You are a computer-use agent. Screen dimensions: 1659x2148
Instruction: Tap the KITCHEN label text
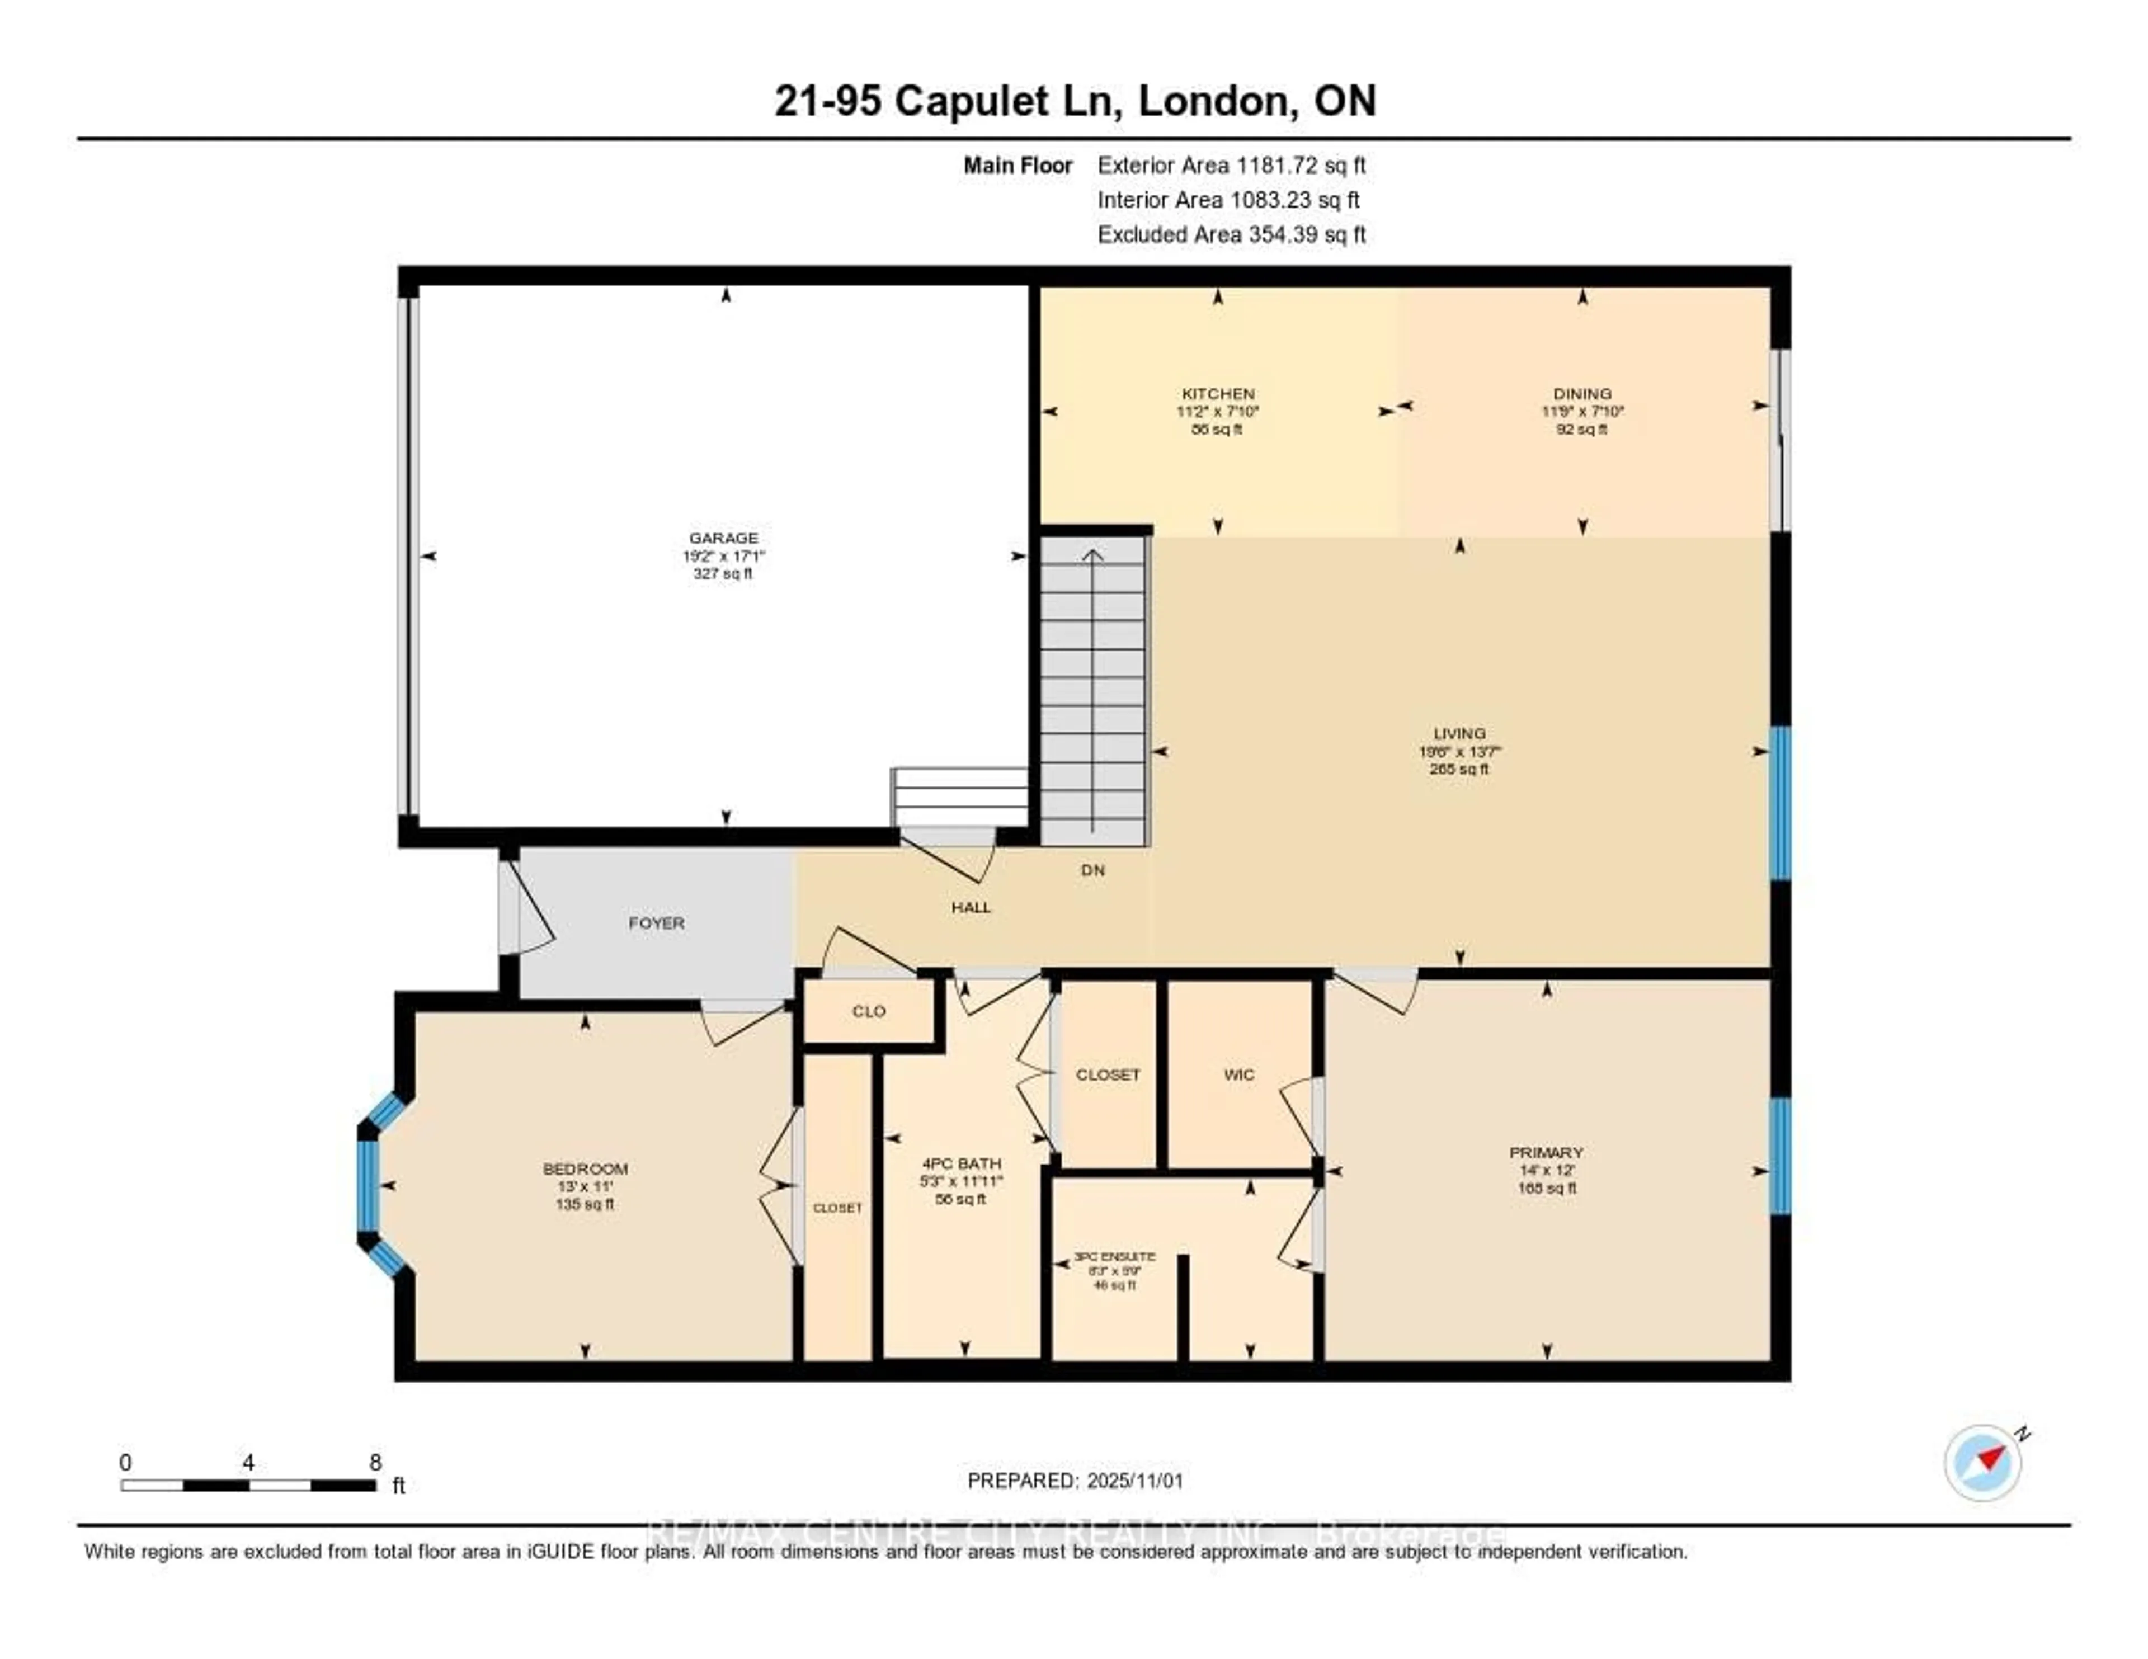(x=1218, y=393)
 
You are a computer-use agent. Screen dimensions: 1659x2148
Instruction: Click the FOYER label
(x=656, y=922)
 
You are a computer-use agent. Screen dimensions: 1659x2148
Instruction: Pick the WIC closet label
(x=1238, y=1075)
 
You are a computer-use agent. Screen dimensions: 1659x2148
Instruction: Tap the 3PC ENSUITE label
(x=1114, y=1257)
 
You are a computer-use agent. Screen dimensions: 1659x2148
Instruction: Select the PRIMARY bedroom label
(x=1546, y=1153)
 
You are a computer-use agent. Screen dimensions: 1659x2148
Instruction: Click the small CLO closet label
(x=869, y=1011)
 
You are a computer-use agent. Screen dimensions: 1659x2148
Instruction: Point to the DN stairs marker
(x=1092, y=870)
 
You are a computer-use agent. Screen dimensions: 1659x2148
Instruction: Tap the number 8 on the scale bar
(x=375, y=1462)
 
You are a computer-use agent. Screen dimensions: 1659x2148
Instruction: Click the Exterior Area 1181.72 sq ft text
(x=1231, y=165)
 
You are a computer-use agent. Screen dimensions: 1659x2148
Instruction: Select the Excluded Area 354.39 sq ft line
(x=1231, y=234)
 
